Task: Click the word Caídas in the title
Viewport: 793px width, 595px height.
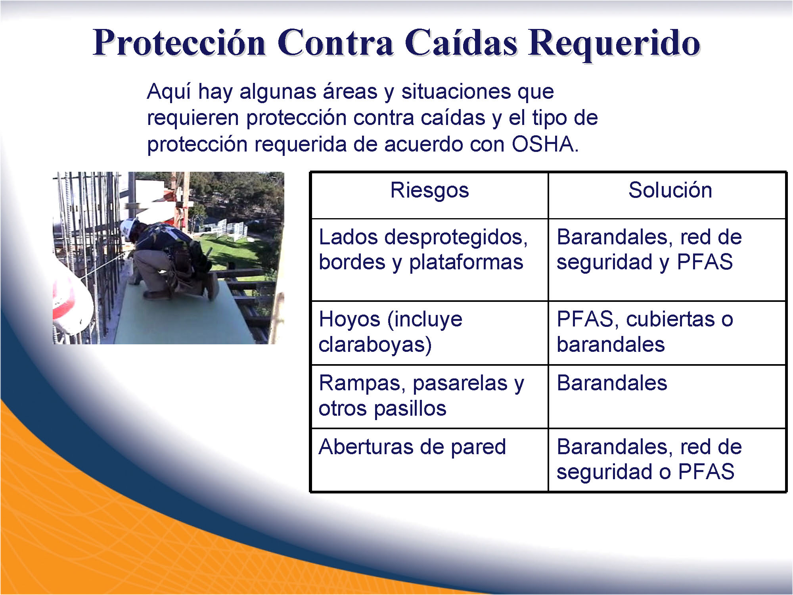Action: click(x=461, y=42)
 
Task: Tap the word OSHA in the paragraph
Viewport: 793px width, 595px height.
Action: click(x=543, y=144)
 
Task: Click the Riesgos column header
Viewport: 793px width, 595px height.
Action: click(x=430, y=190)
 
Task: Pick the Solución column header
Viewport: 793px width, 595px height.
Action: click(x=670, y=190)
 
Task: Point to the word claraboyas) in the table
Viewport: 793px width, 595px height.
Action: click(x=375, y=344)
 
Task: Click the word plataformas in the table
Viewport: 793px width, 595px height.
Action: click(x=466, y=263)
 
